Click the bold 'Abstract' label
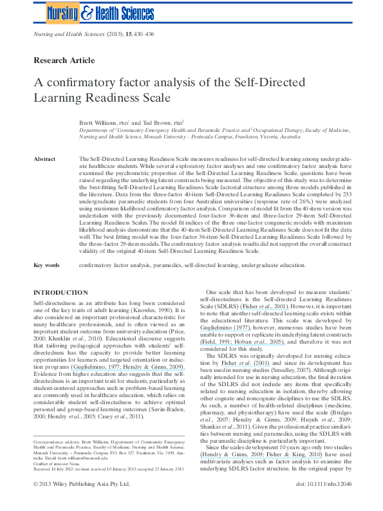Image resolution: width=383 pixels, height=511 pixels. [44, 158]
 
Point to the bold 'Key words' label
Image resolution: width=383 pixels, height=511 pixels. [46, 265]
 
